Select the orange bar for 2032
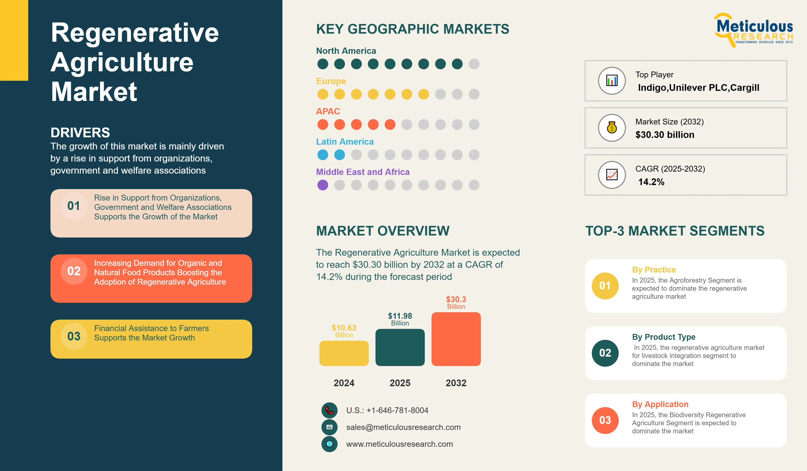point(456,339)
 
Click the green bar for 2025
point(400,347)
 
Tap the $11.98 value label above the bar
point(400,316)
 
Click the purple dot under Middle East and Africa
point(323,185)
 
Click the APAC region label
point(328,111)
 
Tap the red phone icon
point(330,410)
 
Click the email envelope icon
point(330,427)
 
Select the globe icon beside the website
point(330,444)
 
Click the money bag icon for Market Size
point(612,128)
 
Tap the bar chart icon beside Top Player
point(612,81)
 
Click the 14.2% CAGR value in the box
point(651,182)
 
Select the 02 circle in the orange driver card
point(74,271)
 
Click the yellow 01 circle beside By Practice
point(605,286)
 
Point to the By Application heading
point(660,404)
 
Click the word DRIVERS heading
point(80,133)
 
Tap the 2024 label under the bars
point(344,383)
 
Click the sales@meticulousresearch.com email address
point(403,427)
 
